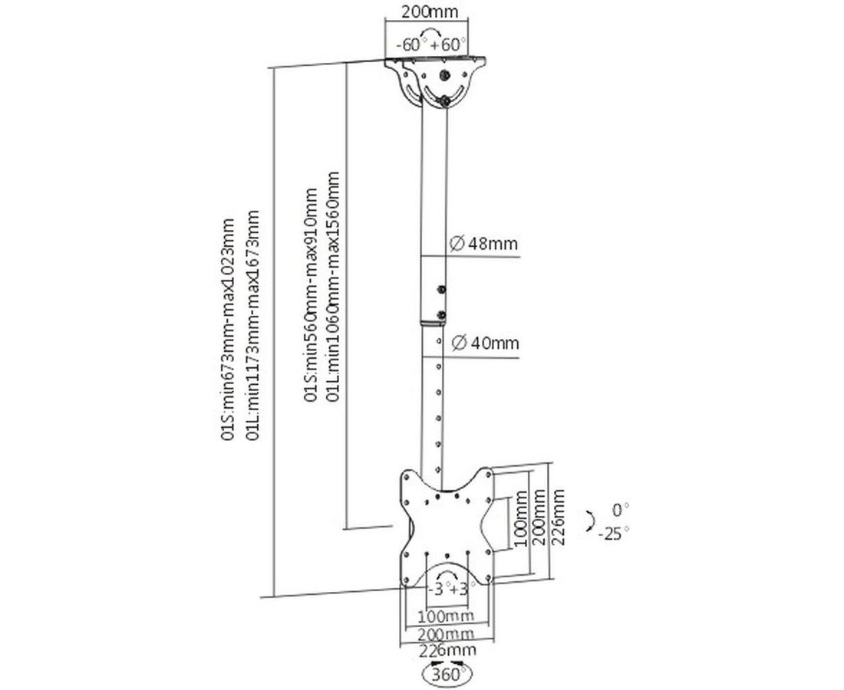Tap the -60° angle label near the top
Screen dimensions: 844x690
(409, 44)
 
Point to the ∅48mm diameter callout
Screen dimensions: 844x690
(483, 244)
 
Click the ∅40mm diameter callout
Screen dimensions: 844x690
(486, 343)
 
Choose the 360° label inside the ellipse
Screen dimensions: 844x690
(447, 674)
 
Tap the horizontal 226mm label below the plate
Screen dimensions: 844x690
(448, 649)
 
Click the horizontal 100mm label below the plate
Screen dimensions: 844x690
(447, 615)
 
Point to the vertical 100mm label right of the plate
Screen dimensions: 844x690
(519, 518)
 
